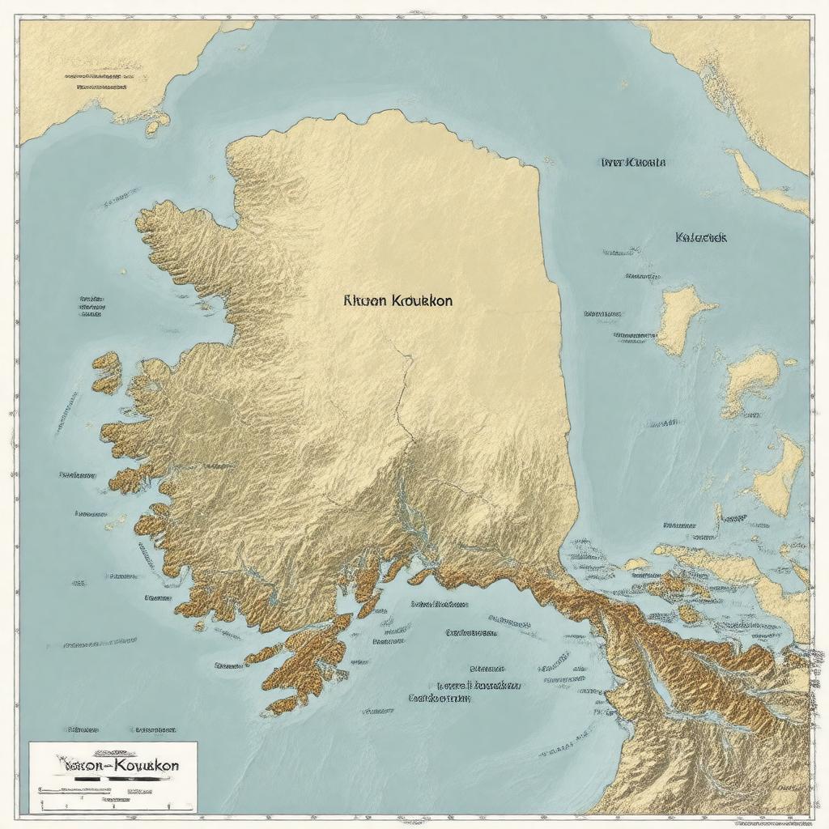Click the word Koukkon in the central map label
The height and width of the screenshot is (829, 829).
[x=422, y=300]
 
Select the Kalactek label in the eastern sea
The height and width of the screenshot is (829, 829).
[x=700, y=238]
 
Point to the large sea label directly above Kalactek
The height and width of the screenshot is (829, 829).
[x=633, y=162]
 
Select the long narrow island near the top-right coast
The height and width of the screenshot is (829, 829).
[x=765, y=182]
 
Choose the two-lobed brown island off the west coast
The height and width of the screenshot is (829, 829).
[x=107, y=372]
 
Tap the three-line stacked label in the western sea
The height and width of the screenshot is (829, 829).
[x=91, y=305]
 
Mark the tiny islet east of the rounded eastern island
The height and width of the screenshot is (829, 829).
[x=789, y=363]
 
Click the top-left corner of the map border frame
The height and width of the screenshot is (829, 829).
[x=19, y=19]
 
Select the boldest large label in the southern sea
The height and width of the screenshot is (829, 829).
[x=440, y=697]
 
